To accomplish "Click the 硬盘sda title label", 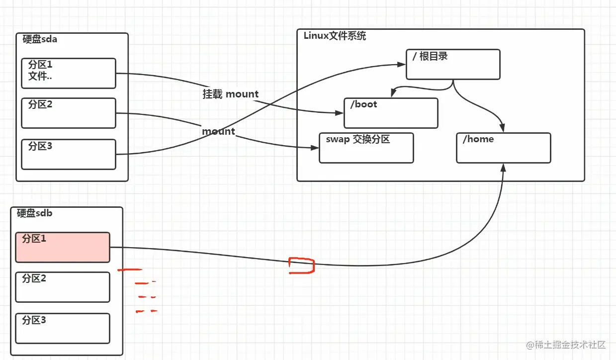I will (x=40, y=39).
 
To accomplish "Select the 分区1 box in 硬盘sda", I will (x=69, y=73).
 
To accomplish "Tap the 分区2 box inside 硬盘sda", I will (x=69, y=113).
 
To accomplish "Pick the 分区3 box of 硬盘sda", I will (x=69, y=154).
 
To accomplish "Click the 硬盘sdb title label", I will (x=34, y=213).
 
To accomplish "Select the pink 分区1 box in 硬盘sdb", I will (x=62, y=247).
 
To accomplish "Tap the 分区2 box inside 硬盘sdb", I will (x=62, y=287).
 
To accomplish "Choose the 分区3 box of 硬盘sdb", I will (x=62, y=328).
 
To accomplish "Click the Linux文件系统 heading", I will (x=335, y=36).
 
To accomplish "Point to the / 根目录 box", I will (x=453, y=64).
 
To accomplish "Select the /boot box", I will (x=391, y=113).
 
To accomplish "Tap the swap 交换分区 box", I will (x=366, y=148).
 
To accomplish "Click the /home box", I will (x=503, y=148).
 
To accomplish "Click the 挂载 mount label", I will (x=231, y=94).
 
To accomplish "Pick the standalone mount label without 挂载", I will (x=218, y=131).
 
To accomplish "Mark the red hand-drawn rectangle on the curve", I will (x=302, y=266).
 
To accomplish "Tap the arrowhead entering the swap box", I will (x=314, y=148).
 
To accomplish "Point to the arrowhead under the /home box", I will (x=503, y=168).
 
